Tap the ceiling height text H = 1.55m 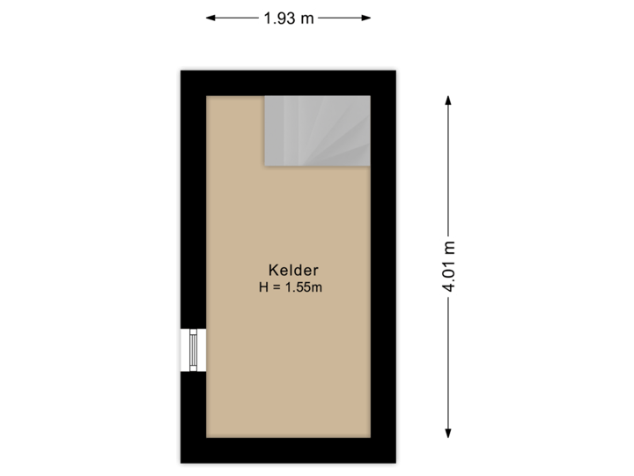click(x=288, y=286)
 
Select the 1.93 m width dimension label click(x=288, y=17)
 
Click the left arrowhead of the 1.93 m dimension click(x=210, y=17)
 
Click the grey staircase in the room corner click(x=317, y=130)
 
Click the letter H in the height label click(x=262, y=286)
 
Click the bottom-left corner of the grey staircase click(x=266, y=164)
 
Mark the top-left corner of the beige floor click(x=209, y=97)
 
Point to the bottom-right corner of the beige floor click(x=368, y=436)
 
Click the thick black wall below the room click(x=288, y=452)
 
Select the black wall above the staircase click(x=317, y=81)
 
